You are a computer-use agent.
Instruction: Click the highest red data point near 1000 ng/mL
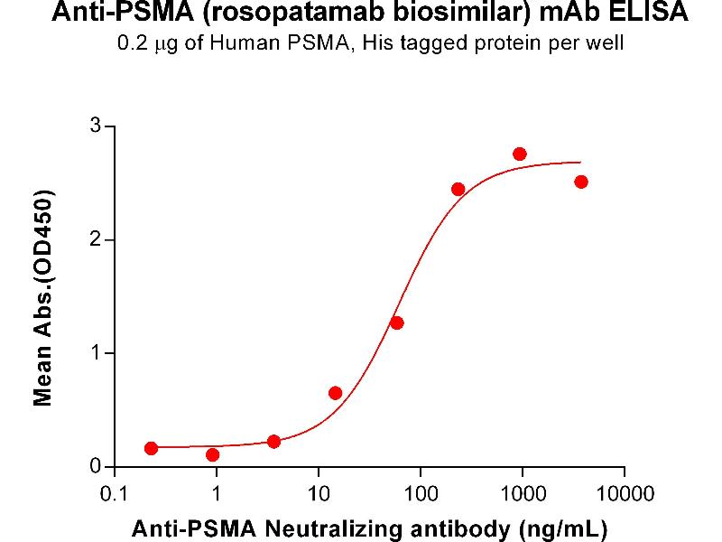click(520, 154)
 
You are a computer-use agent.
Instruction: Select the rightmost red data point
click(581, 182)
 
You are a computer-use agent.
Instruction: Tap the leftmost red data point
click(151, 448)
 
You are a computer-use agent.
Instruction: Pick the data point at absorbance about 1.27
click(397, 322)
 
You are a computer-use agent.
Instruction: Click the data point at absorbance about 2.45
click(458, 189)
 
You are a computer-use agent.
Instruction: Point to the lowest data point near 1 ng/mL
click(213, 454)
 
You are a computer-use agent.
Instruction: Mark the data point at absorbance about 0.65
click(336, 393)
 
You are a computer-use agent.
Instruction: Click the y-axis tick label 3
click(94, 126)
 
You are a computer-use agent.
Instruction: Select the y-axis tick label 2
click(94, 240)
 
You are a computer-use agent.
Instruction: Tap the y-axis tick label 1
click(94, 353)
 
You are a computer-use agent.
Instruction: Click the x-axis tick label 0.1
click(114, 494)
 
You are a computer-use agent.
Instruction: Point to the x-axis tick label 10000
click(625, 494)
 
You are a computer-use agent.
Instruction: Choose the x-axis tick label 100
click(420, 494)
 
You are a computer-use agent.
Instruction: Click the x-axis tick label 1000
click(522, 494)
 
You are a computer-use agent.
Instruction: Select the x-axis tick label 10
click(318, 494)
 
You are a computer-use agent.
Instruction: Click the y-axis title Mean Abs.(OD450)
click(42, 297)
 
